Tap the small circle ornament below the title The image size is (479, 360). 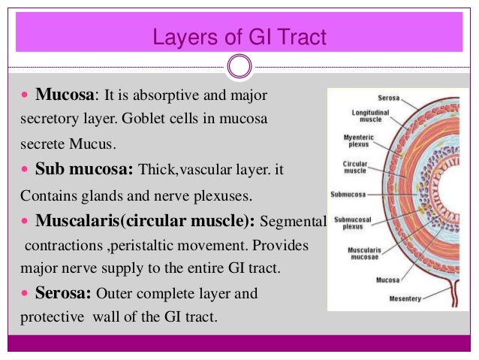tap(239, 66)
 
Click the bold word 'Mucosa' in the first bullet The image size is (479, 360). tap(66, 97)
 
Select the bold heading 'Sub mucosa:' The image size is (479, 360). tap(86, 170)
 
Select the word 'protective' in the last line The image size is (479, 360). tap(51, 317)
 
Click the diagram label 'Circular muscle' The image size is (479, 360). tap(355, 168)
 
